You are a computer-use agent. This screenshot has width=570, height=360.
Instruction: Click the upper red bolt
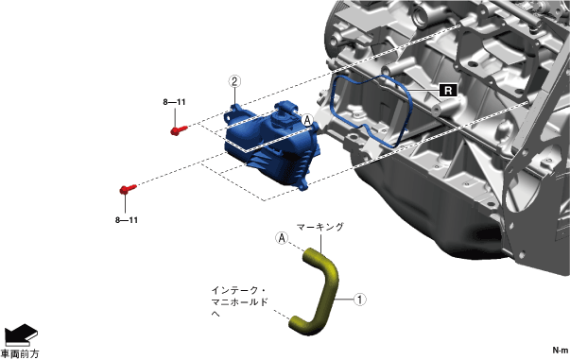tap(179, 130)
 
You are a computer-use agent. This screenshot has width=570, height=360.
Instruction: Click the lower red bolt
tap(128, 189)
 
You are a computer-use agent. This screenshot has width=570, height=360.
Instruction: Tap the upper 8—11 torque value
tap(174, 102)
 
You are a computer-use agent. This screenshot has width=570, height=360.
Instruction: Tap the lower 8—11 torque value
tap(127, 220)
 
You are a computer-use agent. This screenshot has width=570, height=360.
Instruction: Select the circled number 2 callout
tap(234, 81)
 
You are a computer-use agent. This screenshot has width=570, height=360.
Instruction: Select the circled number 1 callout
tap(360, 300)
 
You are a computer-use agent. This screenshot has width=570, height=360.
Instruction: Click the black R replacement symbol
tap(448, 90)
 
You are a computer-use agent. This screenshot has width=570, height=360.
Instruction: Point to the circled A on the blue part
tap(307, 120)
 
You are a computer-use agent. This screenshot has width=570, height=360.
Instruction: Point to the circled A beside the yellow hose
tap(282, 238)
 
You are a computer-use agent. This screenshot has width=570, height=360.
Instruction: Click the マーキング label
tap(320, 227)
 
